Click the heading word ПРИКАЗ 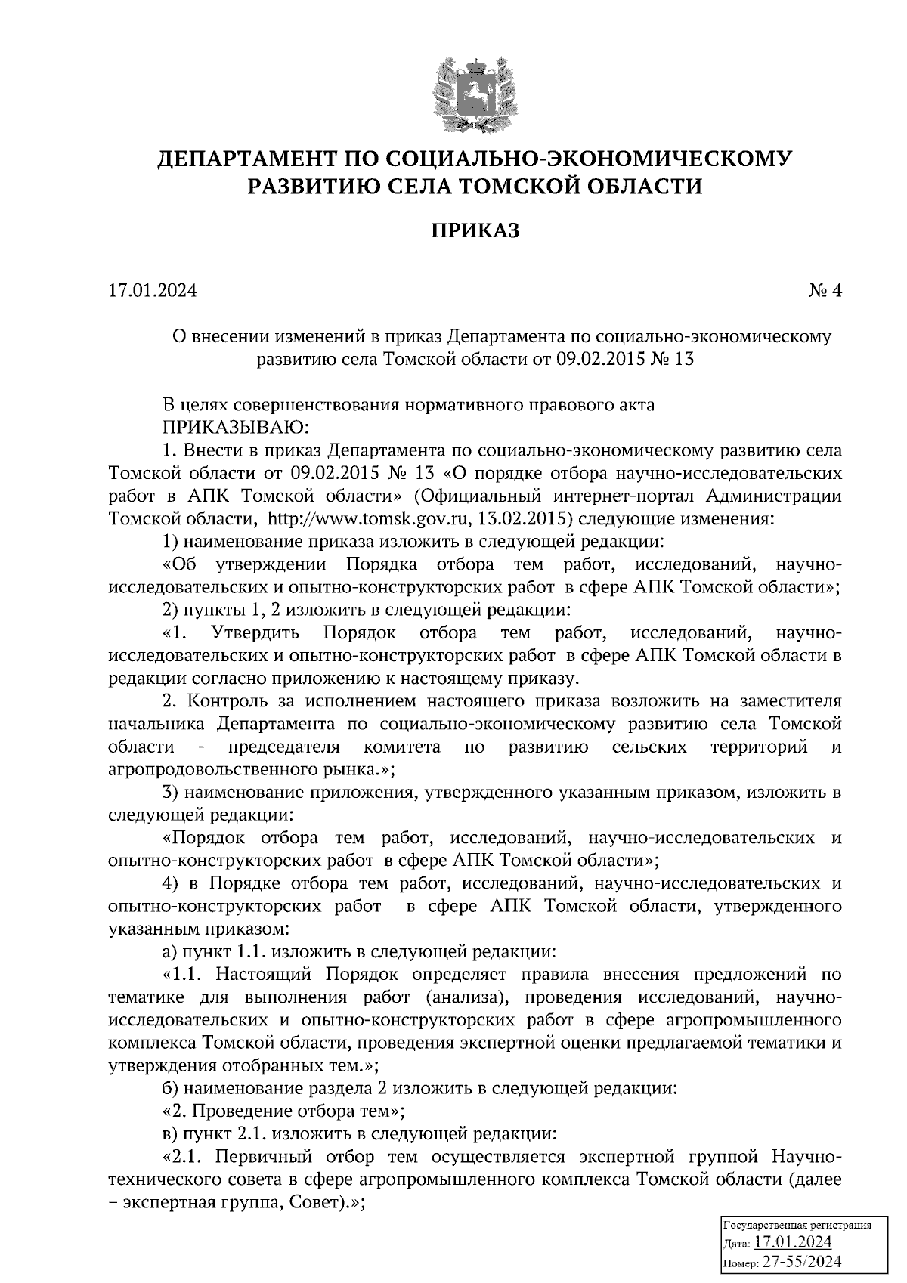(x=475, y=230)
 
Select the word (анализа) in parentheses (x=463, y=998)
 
